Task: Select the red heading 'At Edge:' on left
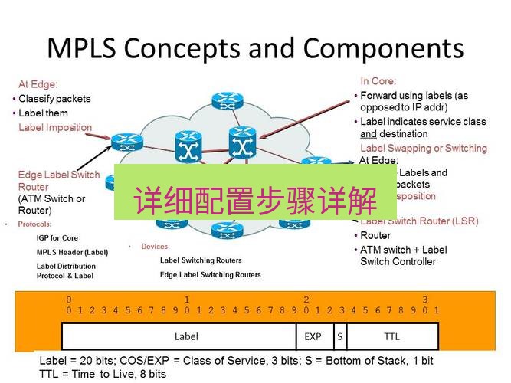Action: (x=38, y=84)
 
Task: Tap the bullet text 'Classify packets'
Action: (x=54, y=99)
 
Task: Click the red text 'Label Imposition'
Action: (x=55, y=128)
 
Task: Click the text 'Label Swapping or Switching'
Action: (x=423, y=148)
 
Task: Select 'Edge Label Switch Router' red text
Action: (x=58, y=181)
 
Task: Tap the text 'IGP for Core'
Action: (x=57, y=238)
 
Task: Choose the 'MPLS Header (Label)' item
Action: (x=72, y=252)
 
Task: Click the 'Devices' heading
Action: (x=154, y=247)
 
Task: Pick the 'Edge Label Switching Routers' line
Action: (x=210, y=274)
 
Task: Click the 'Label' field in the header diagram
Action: (x=186, y=336)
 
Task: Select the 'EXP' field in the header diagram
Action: (x=313, y=336)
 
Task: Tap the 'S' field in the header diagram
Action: (x=339, y=336)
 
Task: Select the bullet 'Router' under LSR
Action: (x=375, y=236)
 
